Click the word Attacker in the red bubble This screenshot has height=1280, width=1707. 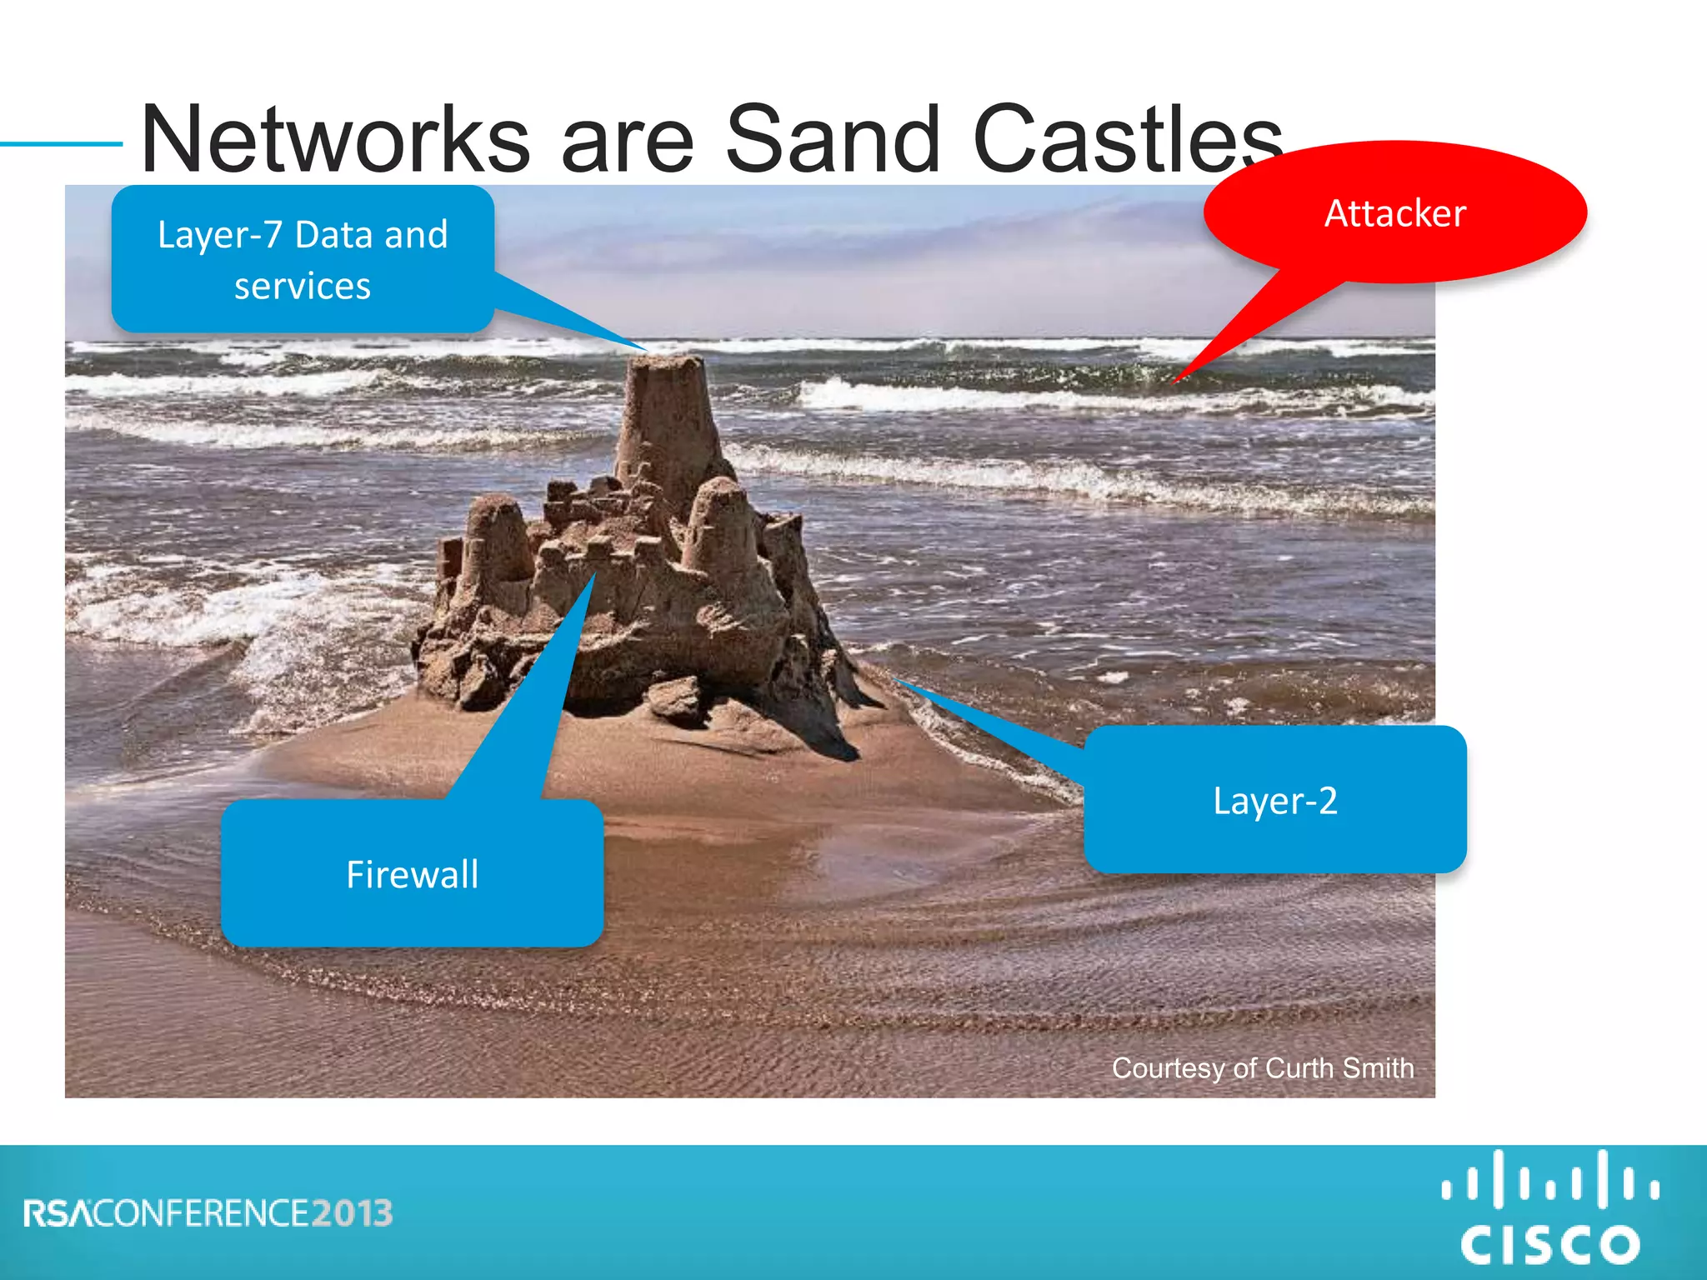point(1394,213)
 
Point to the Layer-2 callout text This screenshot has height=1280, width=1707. point(1274,801)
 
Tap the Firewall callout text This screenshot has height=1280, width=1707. point(412,875)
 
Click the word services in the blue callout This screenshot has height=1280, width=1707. point(302,287)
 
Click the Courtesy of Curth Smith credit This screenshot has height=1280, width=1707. point(1262,1068)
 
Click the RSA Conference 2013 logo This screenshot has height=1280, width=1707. point(208,1213)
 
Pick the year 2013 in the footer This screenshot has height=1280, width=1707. point(352,1213)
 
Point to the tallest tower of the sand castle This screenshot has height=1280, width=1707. point(667,417)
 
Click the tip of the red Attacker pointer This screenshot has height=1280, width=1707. point(1176,382)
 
